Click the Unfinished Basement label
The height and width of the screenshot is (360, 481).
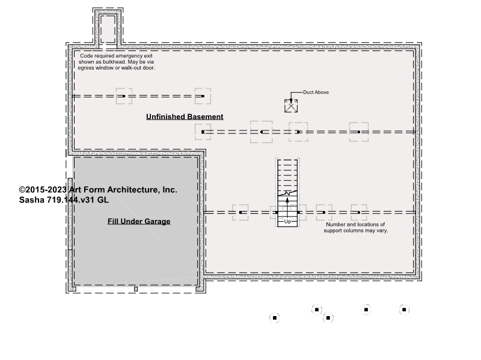[x=185, y=117]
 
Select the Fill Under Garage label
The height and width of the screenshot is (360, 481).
[x=139, y=221]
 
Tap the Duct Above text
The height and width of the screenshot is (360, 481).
[x=316, y=93]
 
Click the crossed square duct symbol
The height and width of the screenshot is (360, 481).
[x=291, y=106]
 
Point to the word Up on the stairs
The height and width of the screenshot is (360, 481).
[x=287, y=221]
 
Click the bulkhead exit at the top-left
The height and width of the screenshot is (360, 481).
[x=108, y=29]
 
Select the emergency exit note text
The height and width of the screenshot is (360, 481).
[x=116, y=62]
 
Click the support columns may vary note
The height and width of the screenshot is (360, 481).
[x=356, y=228]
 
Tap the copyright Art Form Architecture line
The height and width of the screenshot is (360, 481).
[x=98, y=190]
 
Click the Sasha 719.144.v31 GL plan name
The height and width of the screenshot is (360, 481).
[x=64, y=200]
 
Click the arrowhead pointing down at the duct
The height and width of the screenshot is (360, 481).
[x=291, y=101]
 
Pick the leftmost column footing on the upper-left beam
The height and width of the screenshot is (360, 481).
[x=124, y=96]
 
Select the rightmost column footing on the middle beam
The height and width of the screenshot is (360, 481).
[x=359, y=132]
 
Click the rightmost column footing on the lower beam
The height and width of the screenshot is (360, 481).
[x=359, y=212]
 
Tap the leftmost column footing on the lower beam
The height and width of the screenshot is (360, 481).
[x=240, y=212]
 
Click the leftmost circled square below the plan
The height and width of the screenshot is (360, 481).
[x=275, y=318]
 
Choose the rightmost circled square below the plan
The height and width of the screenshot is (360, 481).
[x=404, y=310]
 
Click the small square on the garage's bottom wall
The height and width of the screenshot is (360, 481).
[x=136, y=289]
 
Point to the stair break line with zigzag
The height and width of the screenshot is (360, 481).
[x=287, y=193]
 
